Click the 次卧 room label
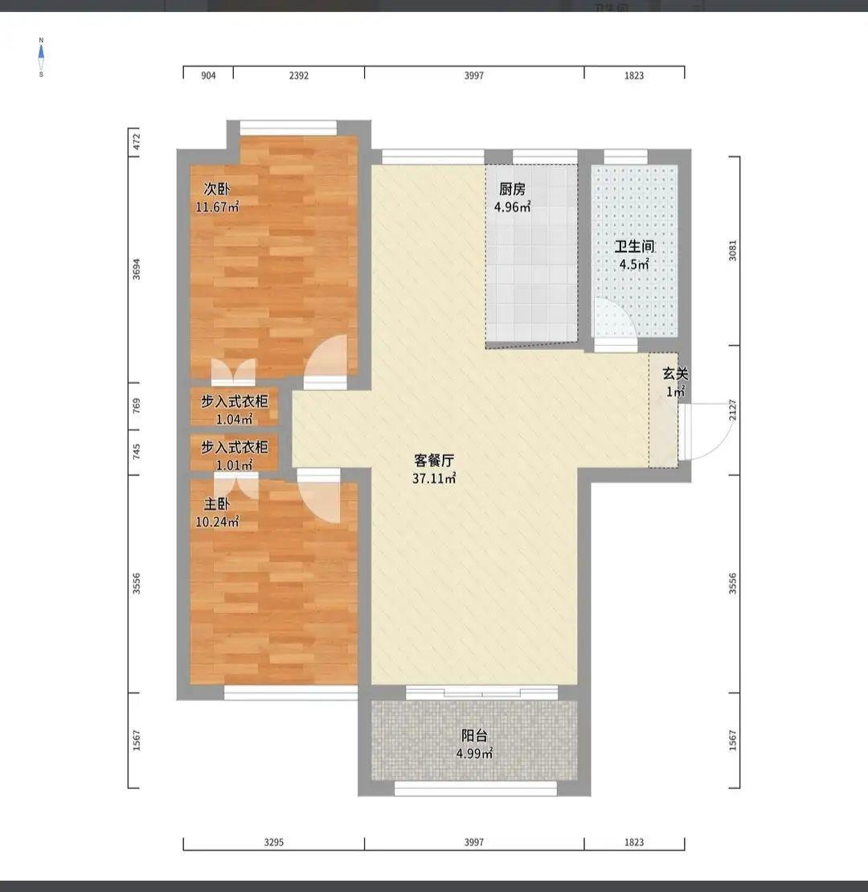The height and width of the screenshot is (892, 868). [x=217, y=188]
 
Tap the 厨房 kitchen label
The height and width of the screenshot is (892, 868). [x=512, y=188]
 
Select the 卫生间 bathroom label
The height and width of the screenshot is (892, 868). [x=634, y=246]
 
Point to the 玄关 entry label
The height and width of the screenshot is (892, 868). [x=675, y=374]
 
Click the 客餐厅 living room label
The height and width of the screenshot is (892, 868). [x=434, y=460]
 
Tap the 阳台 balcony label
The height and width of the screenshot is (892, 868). [x=474, y=736]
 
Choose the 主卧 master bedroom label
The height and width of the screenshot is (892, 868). [x=217, y=504]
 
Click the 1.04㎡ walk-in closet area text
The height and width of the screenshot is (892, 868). [x=234, y=420]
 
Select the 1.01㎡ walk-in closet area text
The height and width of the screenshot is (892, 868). [x=234, y=466]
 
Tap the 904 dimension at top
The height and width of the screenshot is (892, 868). [x=209, y=76]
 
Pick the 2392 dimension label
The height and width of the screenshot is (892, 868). [x=299, y=76]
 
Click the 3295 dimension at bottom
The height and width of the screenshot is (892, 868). [x=274, y=842]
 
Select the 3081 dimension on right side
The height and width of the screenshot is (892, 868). [x=733, y=251]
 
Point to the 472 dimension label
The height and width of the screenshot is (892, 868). [x=137, y=142]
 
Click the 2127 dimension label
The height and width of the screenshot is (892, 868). [x=733, y=410]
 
